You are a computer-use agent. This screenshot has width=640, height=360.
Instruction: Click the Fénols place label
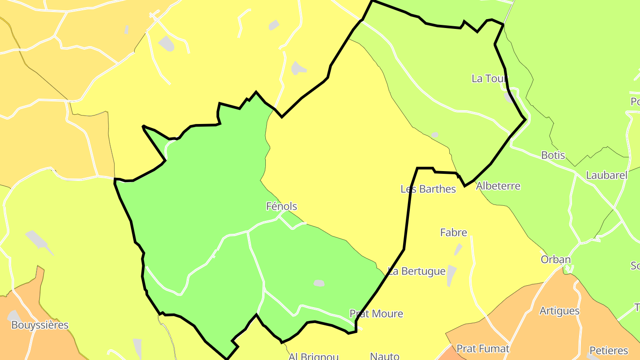281,206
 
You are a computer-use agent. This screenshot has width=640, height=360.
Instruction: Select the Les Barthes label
428,189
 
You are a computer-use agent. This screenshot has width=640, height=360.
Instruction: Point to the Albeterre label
498,186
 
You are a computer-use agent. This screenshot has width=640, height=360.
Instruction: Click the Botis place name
553,155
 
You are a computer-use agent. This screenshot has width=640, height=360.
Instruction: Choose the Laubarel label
606,175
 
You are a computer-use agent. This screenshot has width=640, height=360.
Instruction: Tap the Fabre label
453,232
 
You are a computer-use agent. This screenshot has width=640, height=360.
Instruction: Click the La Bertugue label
416,271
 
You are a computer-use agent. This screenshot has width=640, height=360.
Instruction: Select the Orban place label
556,260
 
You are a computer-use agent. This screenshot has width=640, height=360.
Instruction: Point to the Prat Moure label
376,314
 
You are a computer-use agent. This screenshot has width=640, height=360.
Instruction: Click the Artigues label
559,311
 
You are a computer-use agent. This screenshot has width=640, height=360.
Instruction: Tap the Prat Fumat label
483,349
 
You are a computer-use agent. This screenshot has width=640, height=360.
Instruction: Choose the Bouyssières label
40,325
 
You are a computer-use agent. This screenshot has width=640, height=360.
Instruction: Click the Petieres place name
608,351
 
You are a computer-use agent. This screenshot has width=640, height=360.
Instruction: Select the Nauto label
384,356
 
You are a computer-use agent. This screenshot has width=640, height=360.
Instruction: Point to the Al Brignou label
313,356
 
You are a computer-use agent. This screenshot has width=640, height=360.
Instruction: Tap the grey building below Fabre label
458,249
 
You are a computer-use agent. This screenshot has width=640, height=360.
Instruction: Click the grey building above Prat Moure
319,283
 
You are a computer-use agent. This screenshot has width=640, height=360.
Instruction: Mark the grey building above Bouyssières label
13,316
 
